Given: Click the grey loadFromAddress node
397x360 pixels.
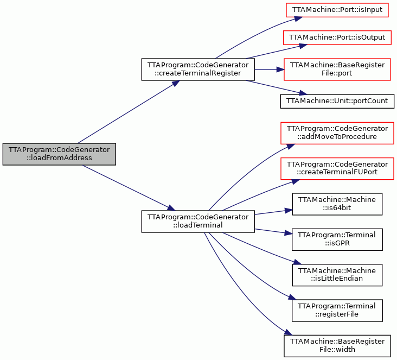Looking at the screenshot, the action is coord(59,154).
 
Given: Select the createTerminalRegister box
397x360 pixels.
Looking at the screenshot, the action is coord(198,70).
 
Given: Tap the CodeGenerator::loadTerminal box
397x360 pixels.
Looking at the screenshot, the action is coord(198,222).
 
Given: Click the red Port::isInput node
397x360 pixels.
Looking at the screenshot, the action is coord(337,10).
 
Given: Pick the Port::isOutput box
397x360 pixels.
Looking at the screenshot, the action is coord(337,37).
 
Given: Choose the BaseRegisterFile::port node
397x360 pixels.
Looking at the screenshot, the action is coord(337,70).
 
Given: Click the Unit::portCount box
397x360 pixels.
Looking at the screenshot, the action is coord(337,101).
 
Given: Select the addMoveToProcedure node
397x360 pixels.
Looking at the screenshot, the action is coord(337,133).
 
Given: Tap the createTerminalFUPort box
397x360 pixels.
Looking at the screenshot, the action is coord(337,168).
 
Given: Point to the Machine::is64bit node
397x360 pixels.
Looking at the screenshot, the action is coord(337,204).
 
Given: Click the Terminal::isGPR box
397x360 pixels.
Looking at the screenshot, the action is coord(337,239).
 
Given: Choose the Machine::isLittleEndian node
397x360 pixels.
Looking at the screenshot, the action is coord(337,275).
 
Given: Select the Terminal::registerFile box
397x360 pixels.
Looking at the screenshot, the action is coord(337,311).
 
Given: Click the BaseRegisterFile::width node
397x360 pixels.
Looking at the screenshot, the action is coord(337,346).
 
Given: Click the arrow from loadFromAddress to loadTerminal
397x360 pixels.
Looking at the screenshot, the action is coord(129,188).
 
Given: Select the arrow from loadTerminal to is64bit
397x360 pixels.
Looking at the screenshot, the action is coord(273,212).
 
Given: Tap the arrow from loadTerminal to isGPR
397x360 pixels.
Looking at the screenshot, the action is coord(273,231).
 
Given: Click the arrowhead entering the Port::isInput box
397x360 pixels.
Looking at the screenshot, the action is coord(298,19).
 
